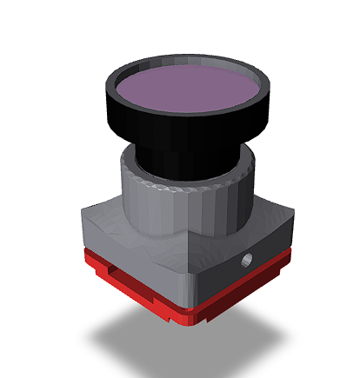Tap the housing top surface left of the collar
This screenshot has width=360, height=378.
[x=100, y=212]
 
